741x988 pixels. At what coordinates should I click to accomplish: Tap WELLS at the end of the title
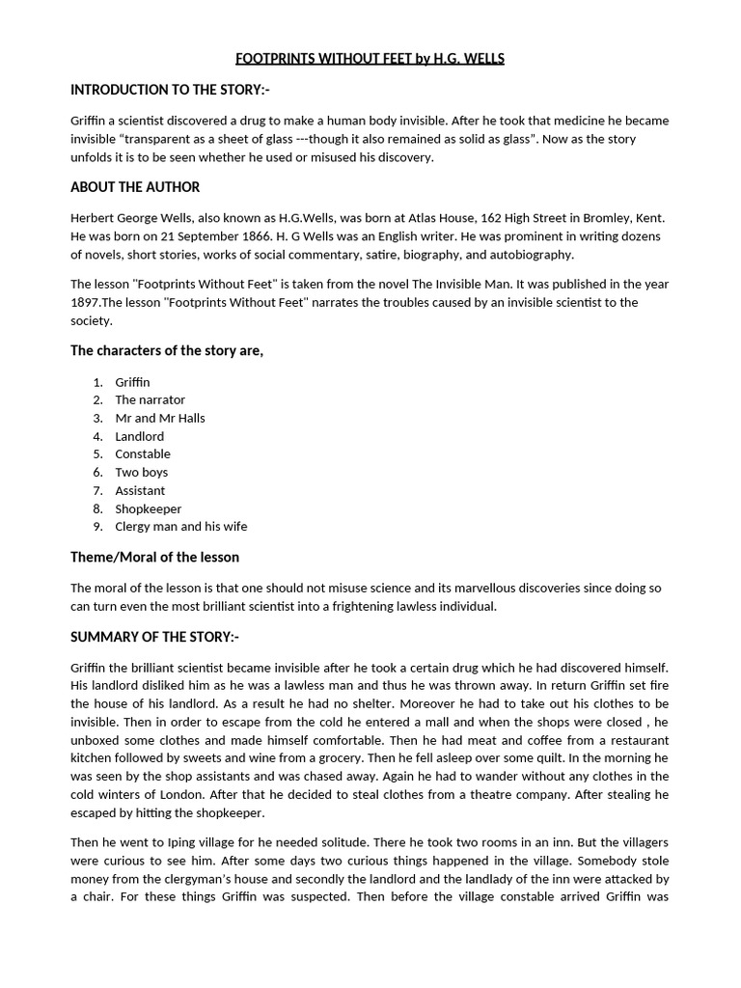click(481, 59)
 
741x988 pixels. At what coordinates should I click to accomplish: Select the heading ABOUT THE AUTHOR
click(135, 187)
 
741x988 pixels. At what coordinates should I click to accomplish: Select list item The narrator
click(150, 399)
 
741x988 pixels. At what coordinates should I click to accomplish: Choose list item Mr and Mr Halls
click(160, 418)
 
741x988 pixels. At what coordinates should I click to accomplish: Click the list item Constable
click(143, 453)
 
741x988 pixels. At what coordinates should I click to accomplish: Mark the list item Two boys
click(142, 472)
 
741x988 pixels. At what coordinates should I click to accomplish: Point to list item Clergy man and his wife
click(181, 526)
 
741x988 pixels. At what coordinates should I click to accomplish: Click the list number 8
click(97, 508)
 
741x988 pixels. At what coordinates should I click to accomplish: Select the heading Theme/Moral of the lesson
click(154, 557)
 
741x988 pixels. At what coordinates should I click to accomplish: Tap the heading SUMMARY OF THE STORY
click(154, 637)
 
